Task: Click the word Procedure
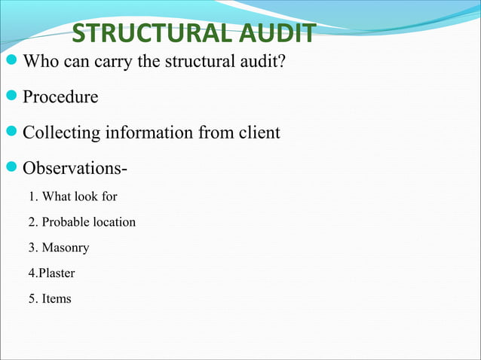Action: pyautogui.click(x=60, y=97)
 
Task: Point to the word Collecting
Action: pyautogui.click(x=61, y=133)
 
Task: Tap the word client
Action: pyautogui.click(x=259, y=133)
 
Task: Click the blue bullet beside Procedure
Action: pyautogui.click(x=11, y=97)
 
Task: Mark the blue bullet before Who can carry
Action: pyautogui.click(x=11, y=61)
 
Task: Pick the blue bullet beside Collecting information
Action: pyautogui.click(x=11, y=133)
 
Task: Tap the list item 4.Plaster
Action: pyautogui.click(x=51, y=273)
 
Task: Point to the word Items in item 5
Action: pyautogui.click(x=57, y=299)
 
